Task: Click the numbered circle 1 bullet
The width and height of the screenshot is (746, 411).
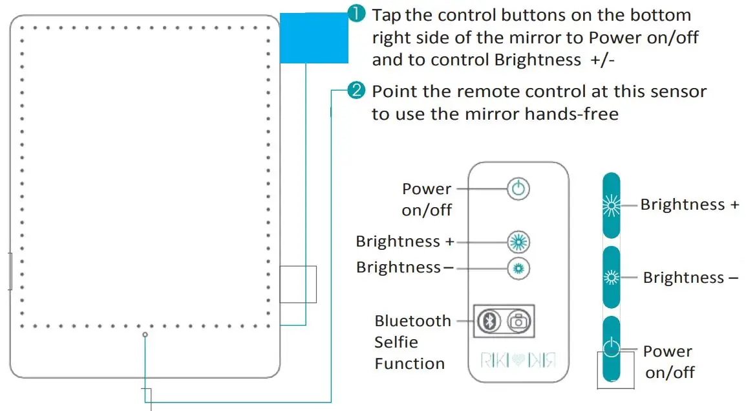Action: pyautogui.click(x=357, y=14)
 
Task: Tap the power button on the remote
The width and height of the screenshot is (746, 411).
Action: pyautogui.click(x=518, y=189)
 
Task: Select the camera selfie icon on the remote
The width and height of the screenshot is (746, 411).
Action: pyautogui.click(x=518, y=320)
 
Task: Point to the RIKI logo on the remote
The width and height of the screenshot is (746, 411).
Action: pyautogui.click(x=518, y=360)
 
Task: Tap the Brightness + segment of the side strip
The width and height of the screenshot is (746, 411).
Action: pyautogui.click(x=611, y=206)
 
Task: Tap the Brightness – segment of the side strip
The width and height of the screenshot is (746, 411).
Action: pyautogui.click(x=611, y=278)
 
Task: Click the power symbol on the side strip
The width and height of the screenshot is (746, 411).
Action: pyautogui.click(x=611, y=349)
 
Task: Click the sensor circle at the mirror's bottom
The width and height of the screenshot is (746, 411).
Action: pyautogui.click(x=145, y=335)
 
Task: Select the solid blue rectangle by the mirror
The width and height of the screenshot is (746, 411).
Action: pyautogui.click(x=314, y=39)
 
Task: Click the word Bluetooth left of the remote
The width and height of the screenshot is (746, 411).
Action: pyautogui.click(x=412, y=321)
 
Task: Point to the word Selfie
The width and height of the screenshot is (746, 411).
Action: pyautogui.click(x=396, y=342)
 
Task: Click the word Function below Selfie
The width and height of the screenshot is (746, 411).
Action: pyautogui.click(x=409, y=364)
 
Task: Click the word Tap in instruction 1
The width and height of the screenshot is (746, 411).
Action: pyautogui.click(x=387, y=15)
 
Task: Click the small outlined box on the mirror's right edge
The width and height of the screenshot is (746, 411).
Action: pyautogui.click(x=298, y=284)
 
